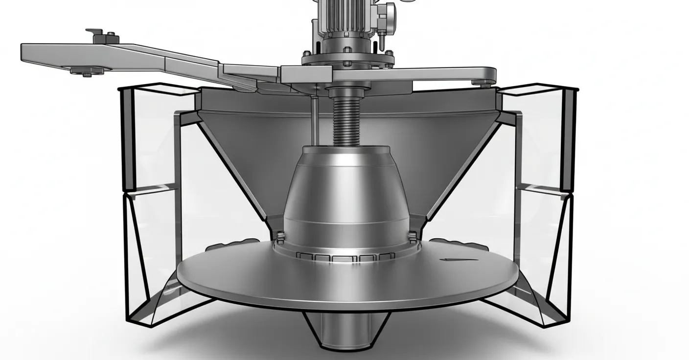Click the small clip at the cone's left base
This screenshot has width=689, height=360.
point(280,237)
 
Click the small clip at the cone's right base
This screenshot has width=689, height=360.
point(413,237)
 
